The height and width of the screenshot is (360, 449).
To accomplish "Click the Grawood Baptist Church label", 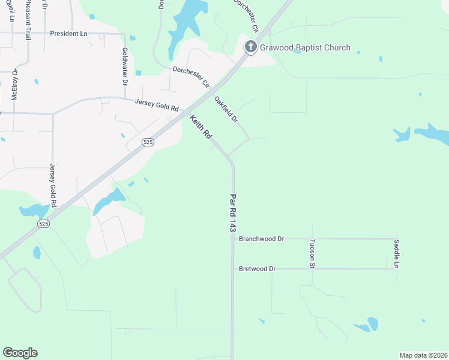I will point(305,47).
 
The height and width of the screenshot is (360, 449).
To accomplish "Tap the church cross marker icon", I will point(250,47).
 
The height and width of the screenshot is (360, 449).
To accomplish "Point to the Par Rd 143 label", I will point(233,212).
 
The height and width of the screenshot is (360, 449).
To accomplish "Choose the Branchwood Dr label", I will point(261,239).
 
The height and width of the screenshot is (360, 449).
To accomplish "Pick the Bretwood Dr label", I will point(257,269).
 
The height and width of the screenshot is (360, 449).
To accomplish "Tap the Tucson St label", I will point(312,253).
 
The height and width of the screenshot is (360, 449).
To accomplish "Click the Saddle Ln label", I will point(397,253).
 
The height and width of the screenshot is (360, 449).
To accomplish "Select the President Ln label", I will point(68,34).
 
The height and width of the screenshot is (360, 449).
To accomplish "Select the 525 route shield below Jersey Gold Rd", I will point(43,223).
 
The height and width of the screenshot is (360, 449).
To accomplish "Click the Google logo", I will point(20,353).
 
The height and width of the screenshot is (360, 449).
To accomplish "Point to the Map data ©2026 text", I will point(423,355).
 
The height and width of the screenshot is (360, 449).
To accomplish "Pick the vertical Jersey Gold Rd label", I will point(53,185).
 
